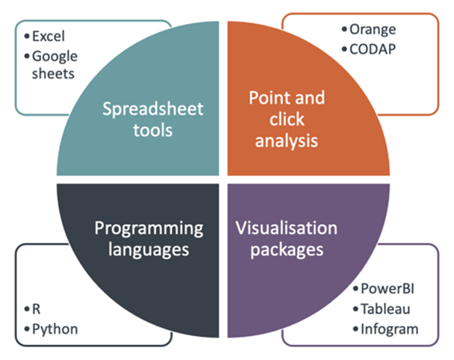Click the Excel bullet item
[45, 36]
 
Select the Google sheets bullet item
[51, 64]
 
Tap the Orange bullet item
[369, 30]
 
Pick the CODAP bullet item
[369, 49]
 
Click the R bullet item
[32, 309]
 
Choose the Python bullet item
[52, 329]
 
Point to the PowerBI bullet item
[384, 289]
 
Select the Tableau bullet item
[382, 309]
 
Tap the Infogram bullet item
[385, 329]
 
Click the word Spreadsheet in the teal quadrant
[153, 110]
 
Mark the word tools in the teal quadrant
[153, 130]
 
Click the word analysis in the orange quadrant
[287, 141]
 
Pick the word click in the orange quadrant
[287, 120]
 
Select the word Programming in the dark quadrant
[149, 229]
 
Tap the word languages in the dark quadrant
[149, 250]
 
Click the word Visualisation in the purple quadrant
[287, 228]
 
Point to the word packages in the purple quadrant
[287, 250]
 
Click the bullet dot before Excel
[27, 37]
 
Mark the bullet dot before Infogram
[355, 329]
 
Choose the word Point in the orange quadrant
[268, 98]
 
